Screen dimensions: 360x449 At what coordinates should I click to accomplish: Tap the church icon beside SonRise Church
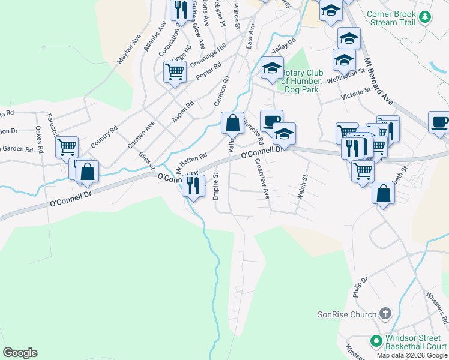385,314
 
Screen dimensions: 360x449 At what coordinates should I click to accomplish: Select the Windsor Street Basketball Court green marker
377,341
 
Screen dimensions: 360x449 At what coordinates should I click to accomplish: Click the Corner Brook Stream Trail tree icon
425,17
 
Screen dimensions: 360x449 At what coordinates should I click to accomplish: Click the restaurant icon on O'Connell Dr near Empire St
193,185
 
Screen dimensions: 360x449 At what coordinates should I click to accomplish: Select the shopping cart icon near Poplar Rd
174,72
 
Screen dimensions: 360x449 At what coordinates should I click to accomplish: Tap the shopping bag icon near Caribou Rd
232,124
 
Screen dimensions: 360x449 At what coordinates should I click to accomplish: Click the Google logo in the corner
20,353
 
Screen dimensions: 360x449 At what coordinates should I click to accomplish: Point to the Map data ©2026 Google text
412,355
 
